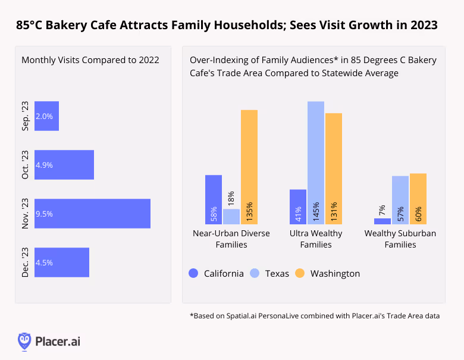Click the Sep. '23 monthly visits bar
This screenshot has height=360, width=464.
pos(46,116)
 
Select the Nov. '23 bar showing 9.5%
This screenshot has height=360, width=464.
pos(92,213)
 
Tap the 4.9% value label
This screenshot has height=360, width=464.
pos(45,165)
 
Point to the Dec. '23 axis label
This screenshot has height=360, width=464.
pos(26,262)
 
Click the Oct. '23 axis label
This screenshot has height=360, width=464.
pos(26,165)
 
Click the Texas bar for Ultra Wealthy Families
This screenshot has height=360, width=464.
pos(316,162)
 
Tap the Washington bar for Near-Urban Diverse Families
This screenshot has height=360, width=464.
pos(249,167)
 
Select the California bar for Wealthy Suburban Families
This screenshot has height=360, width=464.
pos(383,221)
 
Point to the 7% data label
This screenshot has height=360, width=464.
pos(383,209)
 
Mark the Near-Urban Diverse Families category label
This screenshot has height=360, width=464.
pos(231,239)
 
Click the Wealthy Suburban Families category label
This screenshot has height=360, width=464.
pos(400,239)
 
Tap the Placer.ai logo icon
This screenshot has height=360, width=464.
pos(24,341)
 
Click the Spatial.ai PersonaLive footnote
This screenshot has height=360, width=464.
pos(315,315)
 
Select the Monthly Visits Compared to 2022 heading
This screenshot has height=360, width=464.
pos(90,60)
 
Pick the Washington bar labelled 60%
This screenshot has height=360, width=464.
pos(418,199)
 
